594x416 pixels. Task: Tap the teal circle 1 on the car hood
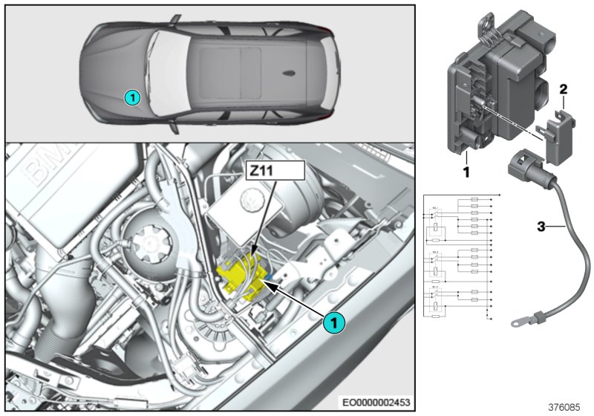coord(131,96)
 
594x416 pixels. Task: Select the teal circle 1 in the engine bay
coord(333,323)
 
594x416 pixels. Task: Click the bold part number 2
coord(564,90)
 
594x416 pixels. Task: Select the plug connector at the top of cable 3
coord(523,167)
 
